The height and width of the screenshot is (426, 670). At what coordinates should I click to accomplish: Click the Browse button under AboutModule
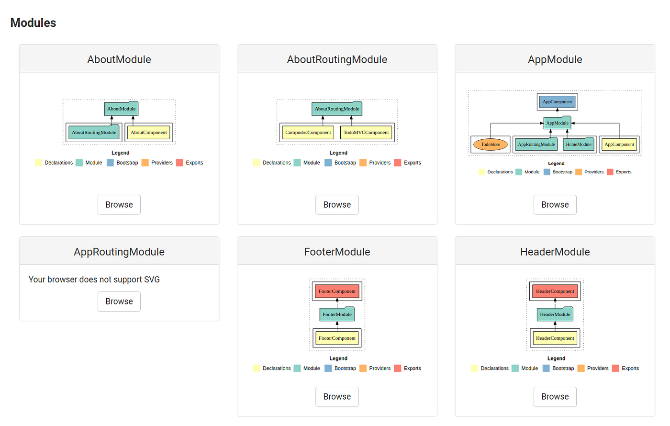[119, 205]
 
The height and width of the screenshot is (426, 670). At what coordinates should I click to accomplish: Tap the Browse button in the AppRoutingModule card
[119, 302]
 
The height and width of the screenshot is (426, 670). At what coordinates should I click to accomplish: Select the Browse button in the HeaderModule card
[555, 397]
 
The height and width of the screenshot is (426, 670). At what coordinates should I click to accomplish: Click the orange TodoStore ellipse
[491, 145]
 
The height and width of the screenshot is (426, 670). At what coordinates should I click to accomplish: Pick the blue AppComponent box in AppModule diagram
[557, 102]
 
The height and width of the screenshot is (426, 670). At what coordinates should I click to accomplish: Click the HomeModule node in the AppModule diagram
[578, 145]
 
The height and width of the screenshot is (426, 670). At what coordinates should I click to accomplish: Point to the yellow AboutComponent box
[149, 133]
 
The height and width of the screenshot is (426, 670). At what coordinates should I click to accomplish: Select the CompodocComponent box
[308, 133]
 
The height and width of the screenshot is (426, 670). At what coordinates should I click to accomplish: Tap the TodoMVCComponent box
[366, 133]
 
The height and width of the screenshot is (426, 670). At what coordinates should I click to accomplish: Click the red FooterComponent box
[337, 291]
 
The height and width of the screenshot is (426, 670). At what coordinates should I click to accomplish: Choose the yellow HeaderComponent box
[555, 338]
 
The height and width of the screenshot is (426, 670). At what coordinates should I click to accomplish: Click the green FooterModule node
[337, 314]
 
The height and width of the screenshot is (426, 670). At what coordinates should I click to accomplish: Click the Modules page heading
[33, 23]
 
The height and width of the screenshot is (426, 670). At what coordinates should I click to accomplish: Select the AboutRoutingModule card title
[337, 59]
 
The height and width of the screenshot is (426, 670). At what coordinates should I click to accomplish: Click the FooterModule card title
[337, 252]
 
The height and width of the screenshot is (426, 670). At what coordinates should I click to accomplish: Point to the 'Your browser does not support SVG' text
[94, 280]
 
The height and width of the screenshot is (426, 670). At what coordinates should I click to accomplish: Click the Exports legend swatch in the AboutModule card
[180, 163]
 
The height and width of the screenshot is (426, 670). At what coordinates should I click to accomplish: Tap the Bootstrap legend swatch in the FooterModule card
[328, 369]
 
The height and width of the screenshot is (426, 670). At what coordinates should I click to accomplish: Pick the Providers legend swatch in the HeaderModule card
[581, 369]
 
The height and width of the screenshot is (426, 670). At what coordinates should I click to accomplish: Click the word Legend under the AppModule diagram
[556, 163]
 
